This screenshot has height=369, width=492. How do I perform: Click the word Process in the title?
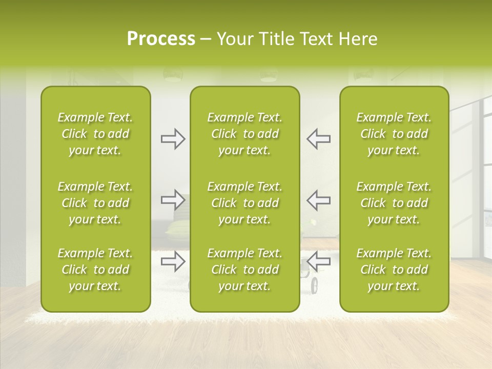(x=161, y=39)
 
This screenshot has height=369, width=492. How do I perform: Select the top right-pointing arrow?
(x=173, y=139)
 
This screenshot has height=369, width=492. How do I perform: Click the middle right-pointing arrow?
(x=173, y=200)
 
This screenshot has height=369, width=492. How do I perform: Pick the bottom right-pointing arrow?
(x=173, y=261)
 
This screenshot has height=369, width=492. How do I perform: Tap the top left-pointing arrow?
(x=318, y=139)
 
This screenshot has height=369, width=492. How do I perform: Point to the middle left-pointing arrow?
(x=318, y=200)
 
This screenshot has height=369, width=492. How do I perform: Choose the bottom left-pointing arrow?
(x=318, y=261)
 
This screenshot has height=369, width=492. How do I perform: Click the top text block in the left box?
(x=95, y=134)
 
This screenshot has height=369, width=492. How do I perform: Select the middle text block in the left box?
(x=95, y=203)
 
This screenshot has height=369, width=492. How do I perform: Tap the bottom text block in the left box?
(x=95, y=270)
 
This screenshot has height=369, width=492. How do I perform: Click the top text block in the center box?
(x=244, y=134)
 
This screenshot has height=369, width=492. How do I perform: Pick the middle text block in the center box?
(x=244, y=203)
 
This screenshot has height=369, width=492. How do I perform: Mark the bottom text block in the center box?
(x=244, y=270)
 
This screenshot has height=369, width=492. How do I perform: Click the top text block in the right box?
(x=394, y=134)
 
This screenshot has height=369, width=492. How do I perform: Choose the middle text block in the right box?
(x=394, y=203)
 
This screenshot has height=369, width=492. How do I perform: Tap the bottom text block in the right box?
(x=394, y=270)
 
